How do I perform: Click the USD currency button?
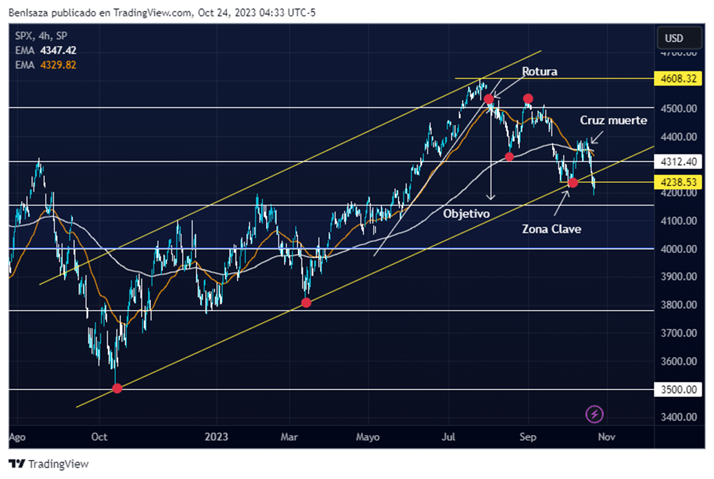pos(674,38)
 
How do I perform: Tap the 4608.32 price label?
pos(677,79)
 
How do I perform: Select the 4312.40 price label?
pos(677,162)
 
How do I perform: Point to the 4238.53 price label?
pos(677,182)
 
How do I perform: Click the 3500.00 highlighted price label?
pos(677,389)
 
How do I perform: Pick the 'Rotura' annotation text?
pos(539,72)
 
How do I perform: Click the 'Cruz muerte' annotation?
pos(613,120)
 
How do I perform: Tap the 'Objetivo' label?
pos(466,214)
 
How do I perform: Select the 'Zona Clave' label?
pos(551,229)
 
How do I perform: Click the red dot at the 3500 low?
pos(117,388)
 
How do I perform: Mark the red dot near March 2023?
pos(307,303)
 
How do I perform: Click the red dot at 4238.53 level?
pos(573,183)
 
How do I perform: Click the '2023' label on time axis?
pos(216,437)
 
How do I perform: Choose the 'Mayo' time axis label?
pos(368,437)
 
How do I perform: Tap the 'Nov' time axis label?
pos(607,437)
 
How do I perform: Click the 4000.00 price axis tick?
pos(678,249)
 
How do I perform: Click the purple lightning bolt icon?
pos(595,415)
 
